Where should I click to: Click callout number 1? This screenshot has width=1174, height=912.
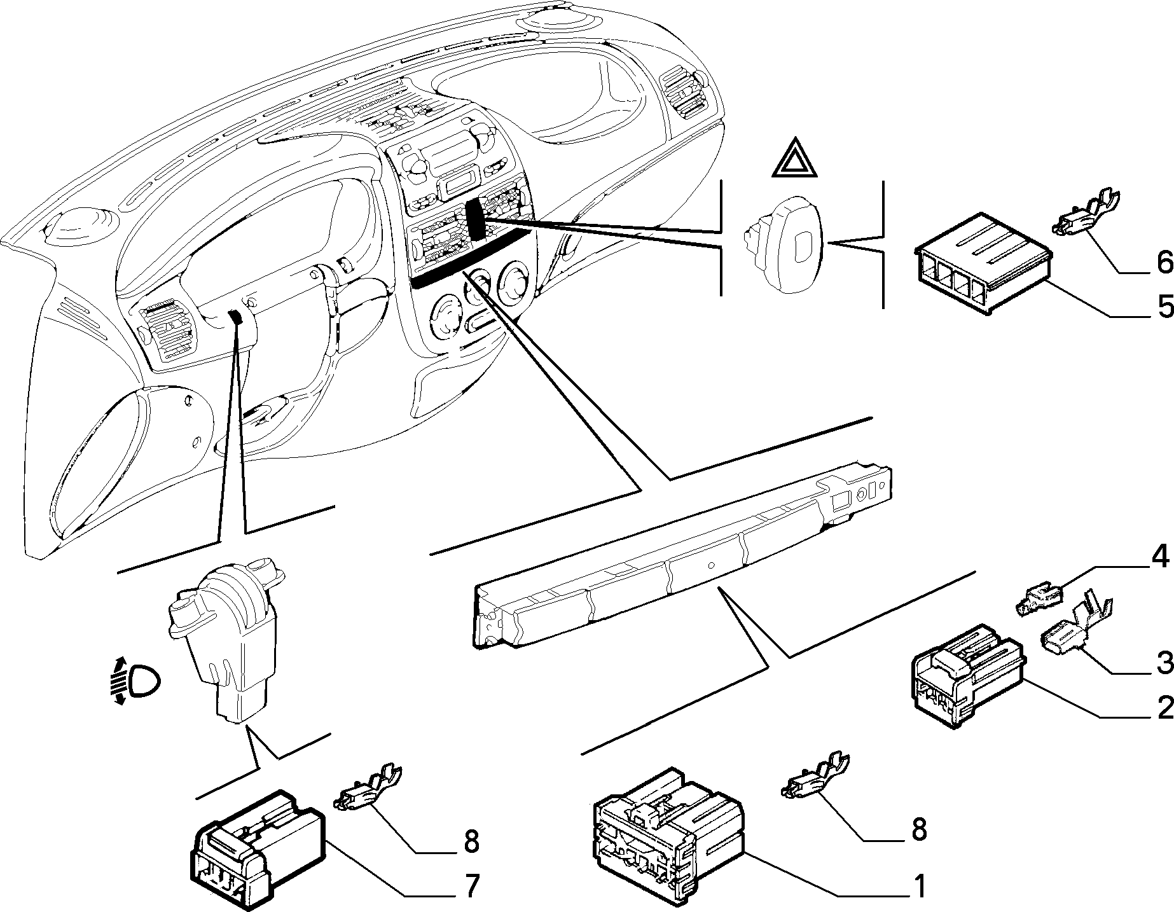pos(918,886)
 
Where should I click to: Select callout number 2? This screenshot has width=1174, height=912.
pos(1164,707)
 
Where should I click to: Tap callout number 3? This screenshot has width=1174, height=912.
pos(1164,663)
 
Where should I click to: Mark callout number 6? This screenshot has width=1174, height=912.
pos(1164,262)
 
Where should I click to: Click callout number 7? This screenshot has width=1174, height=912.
pos(470,887)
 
